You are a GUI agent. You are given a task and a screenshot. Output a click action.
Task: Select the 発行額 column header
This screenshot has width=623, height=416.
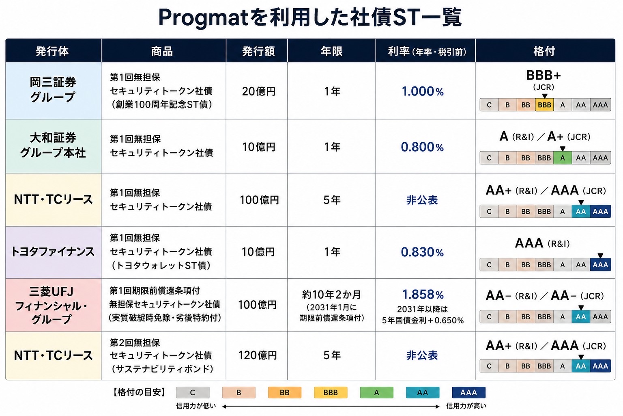tap(258, 51)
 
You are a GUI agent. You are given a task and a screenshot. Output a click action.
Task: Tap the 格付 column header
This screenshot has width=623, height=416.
tap(544, 51)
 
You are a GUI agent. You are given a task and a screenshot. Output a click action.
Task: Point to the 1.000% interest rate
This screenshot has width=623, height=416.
tap(423, 91)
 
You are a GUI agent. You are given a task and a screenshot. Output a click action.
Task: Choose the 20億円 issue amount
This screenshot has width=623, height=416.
tap(259, 91)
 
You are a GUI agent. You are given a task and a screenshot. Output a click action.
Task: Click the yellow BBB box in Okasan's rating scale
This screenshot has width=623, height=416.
tap(544, 105)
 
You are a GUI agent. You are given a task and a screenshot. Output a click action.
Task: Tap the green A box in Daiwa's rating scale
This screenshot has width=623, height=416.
tap(563, 158)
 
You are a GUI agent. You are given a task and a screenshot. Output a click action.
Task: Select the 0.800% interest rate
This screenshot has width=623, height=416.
tap(422, 147)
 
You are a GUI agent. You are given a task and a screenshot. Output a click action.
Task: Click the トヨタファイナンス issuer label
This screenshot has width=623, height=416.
tap(53, 251)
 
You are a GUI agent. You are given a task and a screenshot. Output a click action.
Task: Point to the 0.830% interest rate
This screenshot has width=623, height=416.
tap(422, 252)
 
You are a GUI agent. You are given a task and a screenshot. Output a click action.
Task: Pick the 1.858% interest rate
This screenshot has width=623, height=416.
tap(423, 295)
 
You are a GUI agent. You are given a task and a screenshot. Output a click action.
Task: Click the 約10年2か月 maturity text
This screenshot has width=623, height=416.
tap(331, 295)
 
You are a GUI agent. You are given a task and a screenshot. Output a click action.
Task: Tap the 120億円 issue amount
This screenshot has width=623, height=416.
tap(258, 355)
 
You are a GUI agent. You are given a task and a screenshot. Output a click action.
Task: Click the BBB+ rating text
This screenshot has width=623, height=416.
tap(544, 75)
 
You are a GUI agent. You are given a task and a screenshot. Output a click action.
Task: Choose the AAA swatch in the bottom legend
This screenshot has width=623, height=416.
tap(468, 392)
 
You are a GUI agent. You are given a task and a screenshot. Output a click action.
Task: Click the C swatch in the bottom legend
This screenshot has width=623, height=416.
tap(193, 392)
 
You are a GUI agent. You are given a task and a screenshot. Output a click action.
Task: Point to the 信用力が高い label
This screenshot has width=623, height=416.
tap(466, 406)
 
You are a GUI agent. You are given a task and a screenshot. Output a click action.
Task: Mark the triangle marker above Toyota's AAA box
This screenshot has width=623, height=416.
tap(600, 256)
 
